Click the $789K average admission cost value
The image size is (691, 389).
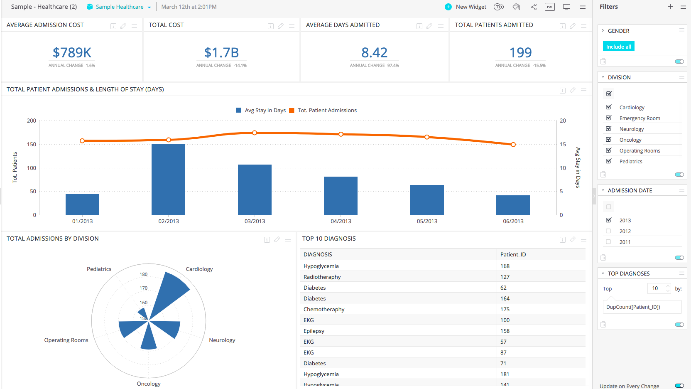tap(72, 53)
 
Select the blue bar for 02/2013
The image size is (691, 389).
tap(168, 179)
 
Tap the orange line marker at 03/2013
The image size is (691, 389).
tap(255, 133)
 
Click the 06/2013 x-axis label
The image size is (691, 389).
tap(513, 221)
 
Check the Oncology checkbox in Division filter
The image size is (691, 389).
tap(608, 140)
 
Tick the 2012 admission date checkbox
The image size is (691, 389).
tap(608, 231)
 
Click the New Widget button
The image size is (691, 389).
tap(466, 7)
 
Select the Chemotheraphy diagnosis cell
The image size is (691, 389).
tap(324, 309)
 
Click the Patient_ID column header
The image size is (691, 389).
tap(513, 254)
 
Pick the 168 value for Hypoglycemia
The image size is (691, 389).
tap(505, 266)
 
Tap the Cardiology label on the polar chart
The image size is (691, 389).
tap(199, 269)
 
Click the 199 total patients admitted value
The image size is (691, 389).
tap(520, 53)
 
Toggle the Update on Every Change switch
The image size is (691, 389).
tap(679, 386)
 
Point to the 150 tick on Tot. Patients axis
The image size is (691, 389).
tap(32, 144)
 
